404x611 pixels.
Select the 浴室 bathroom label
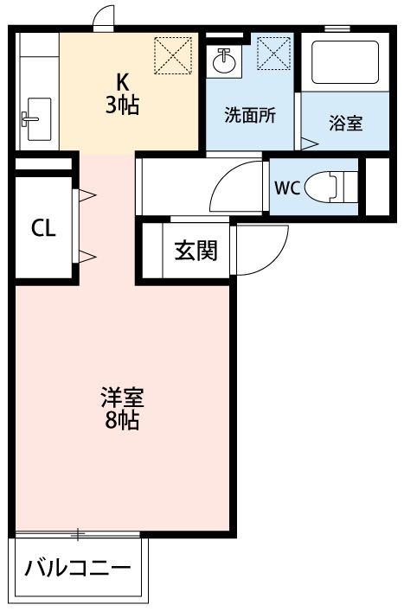click(345, 124)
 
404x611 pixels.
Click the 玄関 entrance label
click(196, 251)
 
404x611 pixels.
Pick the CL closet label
click(44, 228)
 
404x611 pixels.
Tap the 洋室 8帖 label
click(122, 410)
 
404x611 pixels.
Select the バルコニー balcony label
click(78, 569)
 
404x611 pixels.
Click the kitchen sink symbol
click(37, 117)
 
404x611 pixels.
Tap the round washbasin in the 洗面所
click(224, 61)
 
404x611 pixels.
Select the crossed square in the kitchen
click(170, 56)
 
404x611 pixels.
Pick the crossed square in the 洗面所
click(273, 56)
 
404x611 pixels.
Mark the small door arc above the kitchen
click(104, 17)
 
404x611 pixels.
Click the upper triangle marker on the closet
click(88, 195)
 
